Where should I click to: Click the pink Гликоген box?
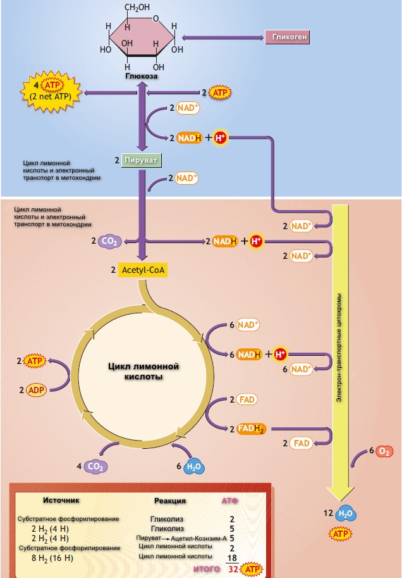pos(287,37)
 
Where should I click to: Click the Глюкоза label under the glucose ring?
pos(141,76)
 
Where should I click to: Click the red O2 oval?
pos(383,452)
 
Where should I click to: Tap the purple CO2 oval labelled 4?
pos(96,467)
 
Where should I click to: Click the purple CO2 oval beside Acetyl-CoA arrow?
pos(110,241)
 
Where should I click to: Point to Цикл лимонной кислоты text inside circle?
pos(140,371)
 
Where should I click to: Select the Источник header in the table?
pos(61,500)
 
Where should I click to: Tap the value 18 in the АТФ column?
pos(231,558)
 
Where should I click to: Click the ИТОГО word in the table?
pos(206,569)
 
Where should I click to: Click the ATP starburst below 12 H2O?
pos(340,534)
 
